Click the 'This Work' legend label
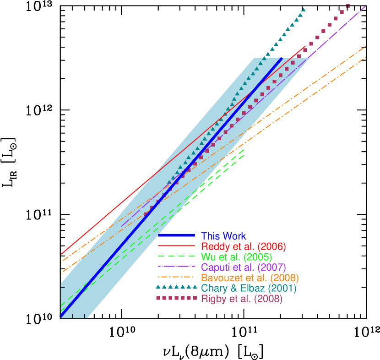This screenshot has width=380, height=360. (x=223, y=236)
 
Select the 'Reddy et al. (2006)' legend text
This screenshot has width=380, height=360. (x=244, y=247)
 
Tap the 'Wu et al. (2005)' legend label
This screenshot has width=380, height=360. (x=237, y=257)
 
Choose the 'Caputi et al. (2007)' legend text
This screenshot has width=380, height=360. (x=244, y=267)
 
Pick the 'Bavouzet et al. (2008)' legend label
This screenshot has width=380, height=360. (x=250, y=278)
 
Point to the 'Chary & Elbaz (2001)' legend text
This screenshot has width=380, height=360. (x=249, y=289)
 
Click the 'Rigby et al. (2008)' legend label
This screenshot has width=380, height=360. (x=242, y=299)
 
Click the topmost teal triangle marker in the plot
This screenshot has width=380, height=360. (x=304, y=9)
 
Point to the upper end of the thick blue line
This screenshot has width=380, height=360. (x=281, y=59)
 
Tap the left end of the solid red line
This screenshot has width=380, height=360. (x=61, y=253)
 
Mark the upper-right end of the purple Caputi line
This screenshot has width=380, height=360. (x=365, y=7)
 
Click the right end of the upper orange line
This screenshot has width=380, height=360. (x=365, y=46)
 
